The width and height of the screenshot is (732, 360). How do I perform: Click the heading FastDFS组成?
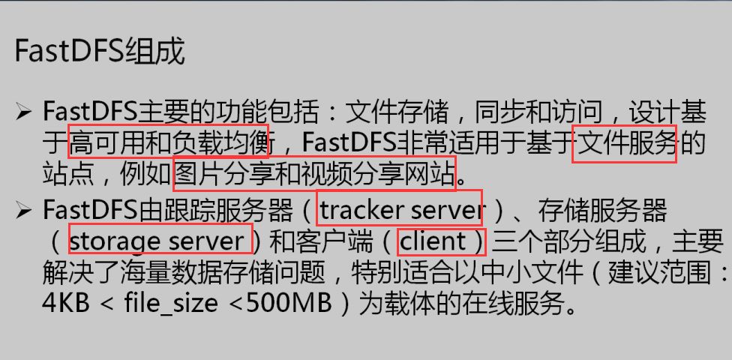(x=100, y=52)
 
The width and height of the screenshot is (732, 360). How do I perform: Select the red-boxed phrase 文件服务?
(x=624, y=142)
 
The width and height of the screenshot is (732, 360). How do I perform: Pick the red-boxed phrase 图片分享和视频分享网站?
(x=314, y=174)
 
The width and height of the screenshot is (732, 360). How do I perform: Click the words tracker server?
(x=400, y=210)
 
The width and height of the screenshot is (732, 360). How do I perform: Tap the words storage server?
(x=160, y=241)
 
